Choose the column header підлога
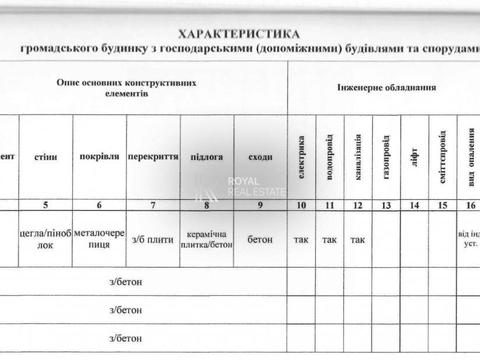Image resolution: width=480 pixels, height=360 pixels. [x=207, y=157]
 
